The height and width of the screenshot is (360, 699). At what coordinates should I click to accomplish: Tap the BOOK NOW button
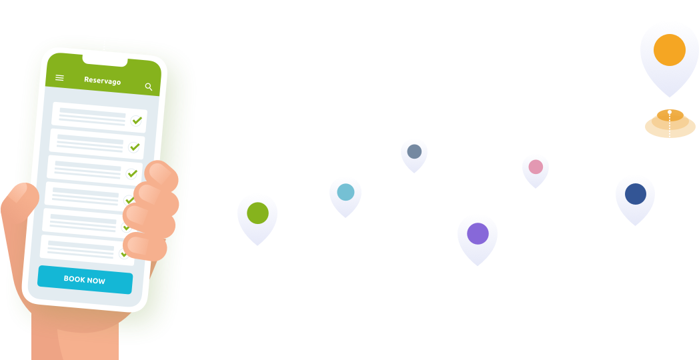[85, 280]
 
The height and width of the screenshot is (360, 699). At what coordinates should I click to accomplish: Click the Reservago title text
[102, 81]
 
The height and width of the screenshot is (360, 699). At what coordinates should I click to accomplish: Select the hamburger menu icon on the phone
[59, 78]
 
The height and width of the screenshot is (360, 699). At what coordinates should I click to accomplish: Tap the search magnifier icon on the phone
[149, 87]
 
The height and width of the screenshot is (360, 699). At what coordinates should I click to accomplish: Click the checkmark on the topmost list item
[137, 121]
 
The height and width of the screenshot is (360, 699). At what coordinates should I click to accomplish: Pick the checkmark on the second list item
[135, 147]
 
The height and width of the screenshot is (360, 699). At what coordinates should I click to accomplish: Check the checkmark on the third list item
[132, 173]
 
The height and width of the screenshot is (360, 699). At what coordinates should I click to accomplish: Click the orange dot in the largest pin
[670, 50]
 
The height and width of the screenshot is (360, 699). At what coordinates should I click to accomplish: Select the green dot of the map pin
[257, 213]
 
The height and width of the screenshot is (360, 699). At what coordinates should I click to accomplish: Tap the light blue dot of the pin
[345, 192]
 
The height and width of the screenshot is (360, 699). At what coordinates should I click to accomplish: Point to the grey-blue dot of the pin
[414, 151]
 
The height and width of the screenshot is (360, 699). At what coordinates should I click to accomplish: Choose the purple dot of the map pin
[478, 233]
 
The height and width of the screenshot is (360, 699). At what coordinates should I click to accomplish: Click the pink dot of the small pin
[536, 167]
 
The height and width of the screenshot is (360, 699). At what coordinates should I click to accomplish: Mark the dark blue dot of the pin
[635, 194]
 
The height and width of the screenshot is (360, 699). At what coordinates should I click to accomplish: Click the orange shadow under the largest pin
[670, 125]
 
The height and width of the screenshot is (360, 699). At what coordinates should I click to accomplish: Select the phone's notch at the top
[105, 61]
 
